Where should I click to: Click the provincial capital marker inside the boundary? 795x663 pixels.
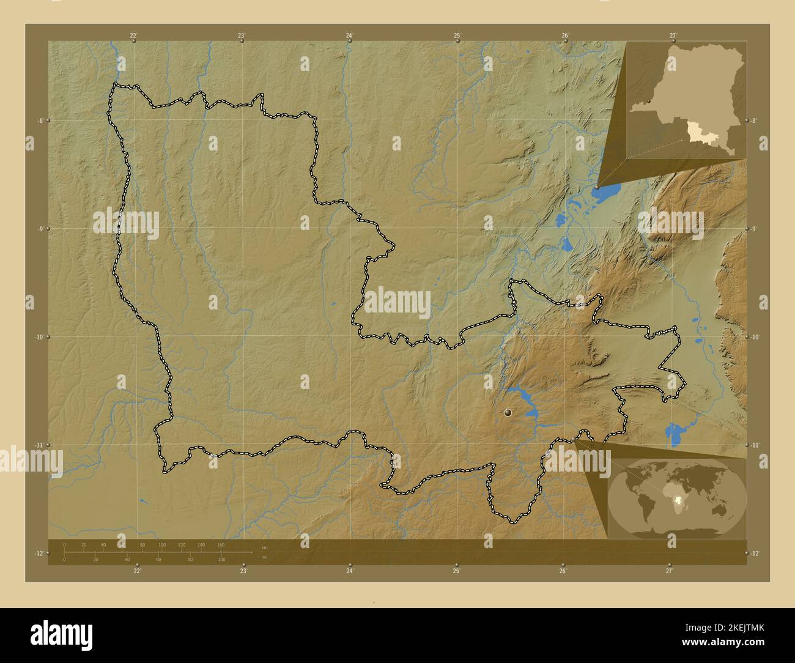click(x=507, y=414)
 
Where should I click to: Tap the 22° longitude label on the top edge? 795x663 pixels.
click(x=133, y=35)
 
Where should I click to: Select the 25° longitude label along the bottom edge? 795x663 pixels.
click(x=456, y=571)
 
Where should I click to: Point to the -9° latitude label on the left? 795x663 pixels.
click(x=40, y=229)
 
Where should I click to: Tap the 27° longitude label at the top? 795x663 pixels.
click(x=673, y=35)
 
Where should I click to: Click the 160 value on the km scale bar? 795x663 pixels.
click(x=221, y=544)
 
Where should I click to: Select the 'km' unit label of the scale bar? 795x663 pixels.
click(x=264, y=547)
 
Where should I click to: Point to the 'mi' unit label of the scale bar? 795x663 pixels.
click(x=264, y=557)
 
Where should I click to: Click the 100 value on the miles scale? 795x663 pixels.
click(x=221, y=560)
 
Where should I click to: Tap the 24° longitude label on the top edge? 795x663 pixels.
click(x=349, y=35)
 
